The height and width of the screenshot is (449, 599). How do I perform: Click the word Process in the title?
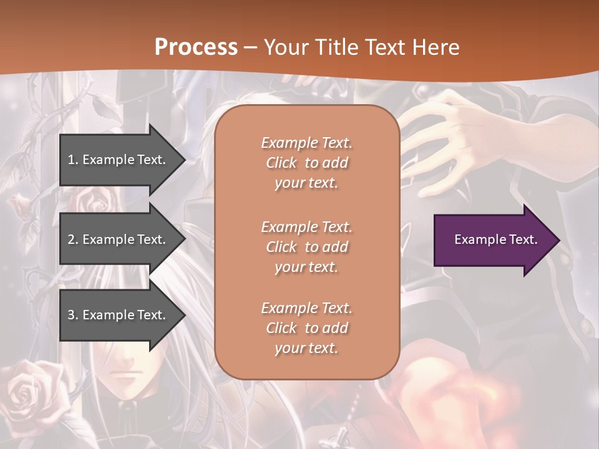(x=196, y=47)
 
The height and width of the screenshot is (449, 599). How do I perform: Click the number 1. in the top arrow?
(x=73, y=160)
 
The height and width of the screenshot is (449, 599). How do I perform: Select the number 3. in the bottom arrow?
(x=73, y=315)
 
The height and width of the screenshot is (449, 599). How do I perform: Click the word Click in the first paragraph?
(x=281, y=163)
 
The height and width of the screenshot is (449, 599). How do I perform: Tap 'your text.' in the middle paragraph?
(x=306, y=267)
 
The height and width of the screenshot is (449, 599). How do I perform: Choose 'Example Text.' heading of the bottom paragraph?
(x=306, y=308)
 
